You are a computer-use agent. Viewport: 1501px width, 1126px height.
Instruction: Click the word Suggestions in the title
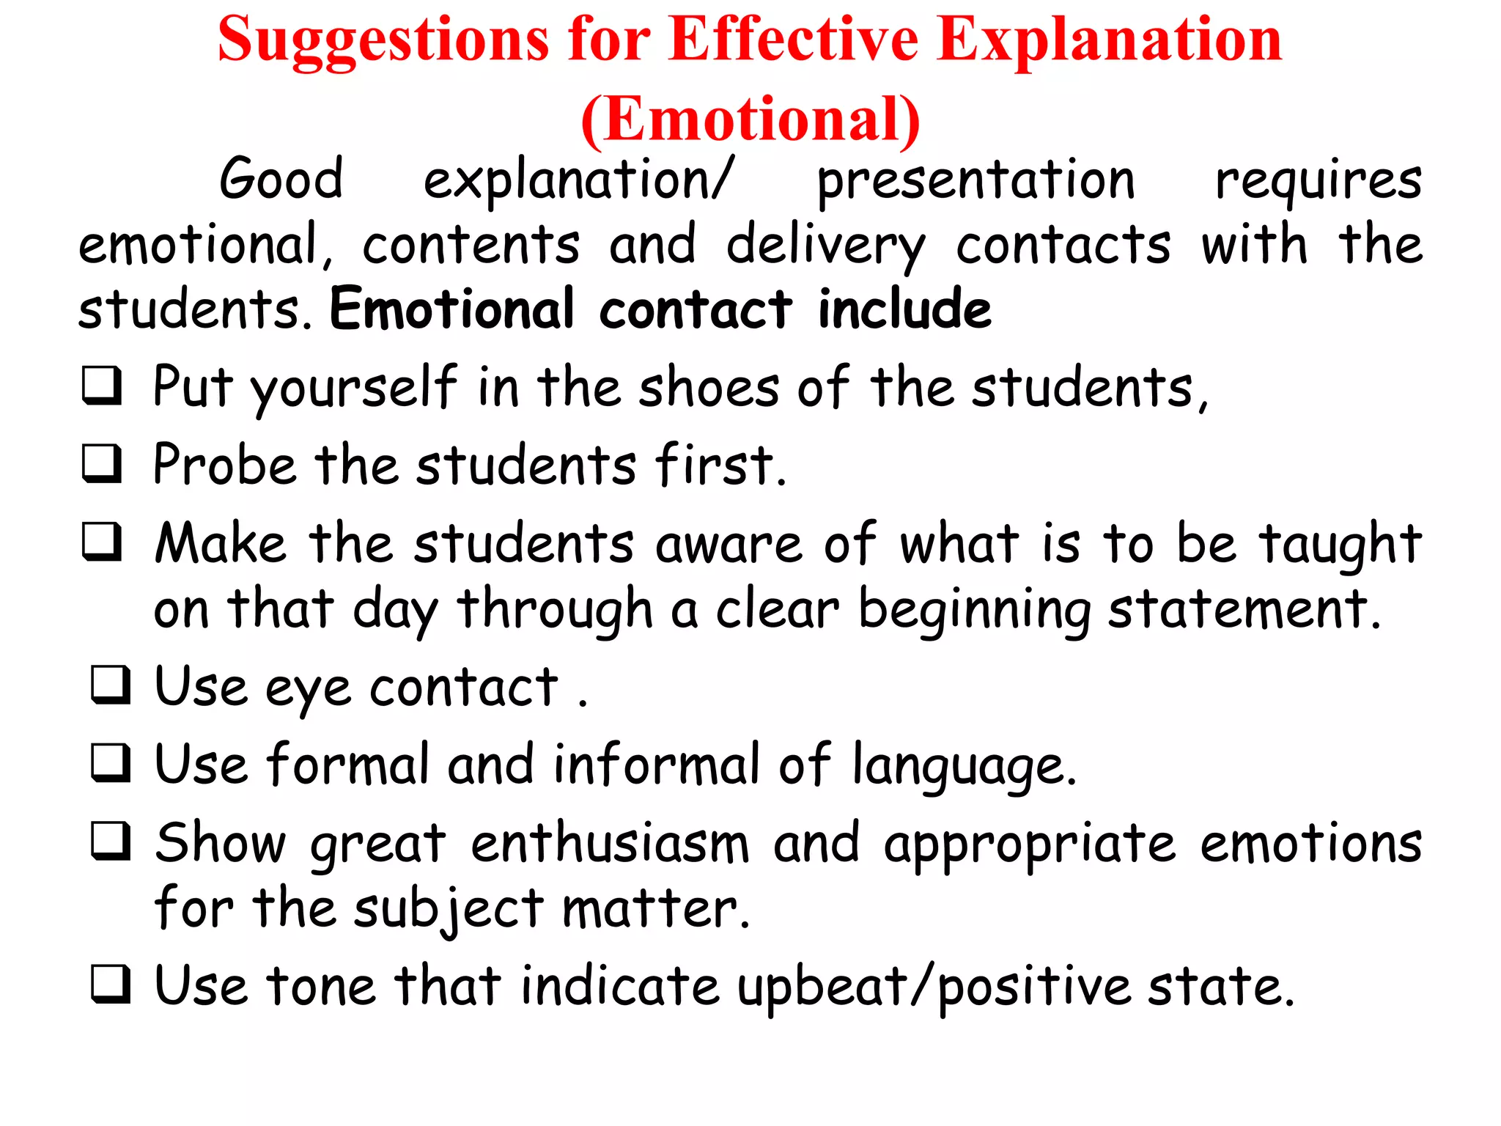coord(383,40)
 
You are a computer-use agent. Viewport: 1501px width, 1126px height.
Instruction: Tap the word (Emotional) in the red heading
coord(750,119)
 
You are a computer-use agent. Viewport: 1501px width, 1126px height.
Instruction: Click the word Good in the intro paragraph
coord(281,179)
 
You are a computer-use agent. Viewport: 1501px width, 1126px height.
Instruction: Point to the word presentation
coord(976,180)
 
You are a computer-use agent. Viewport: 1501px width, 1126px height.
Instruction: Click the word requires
coord(1318,180)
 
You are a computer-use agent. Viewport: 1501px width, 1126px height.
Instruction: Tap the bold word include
coord(904,309)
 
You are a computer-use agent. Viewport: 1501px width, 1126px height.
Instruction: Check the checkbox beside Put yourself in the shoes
coord(101,385)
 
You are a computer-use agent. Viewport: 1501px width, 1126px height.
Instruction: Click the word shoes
coord(709,387)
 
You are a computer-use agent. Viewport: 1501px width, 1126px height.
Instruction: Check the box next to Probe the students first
coord(101,463)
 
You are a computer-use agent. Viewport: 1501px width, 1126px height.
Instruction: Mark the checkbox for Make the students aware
coord(101,542)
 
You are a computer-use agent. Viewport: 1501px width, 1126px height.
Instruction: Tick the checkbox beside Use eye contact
coord(111,685)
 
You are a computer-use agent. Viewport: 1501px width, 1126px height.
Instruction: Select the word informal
coord(657,765)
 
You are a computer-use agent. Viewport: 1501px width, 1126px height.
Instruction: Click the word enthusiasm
coord(610,843)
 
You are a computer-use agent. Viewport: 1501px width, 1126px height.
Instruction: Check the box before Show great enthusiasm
coord(111,840)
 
